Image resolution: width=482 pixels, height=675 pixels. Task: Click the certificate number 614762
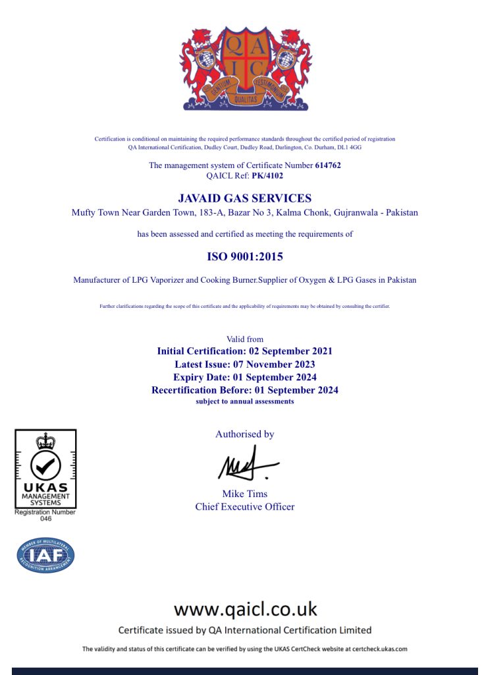(x=327, y=165)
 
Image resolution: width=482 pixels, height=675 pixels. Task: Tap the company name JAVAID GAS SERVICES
(x=245, y=198)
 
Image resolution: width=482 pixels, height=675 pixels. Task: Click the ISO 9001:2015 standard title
(x=245, y=256)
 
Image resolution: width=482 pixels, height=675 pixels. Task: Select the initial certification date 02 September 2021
(x=285, y=351)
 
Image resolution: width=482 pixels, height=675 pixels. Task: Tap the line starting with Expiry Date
(x=245, y=378)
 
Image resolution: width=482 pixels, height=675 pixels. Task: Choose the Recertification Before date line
(x=245, y=390)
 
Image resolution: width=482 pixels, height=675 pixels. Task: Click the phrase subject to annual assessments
(x=245, y=401)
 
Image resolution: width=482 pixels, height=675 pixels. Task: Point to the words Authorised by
(x=245, y=434)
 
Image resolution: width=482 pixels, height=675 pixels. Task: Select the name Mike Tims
(x=245, y=494)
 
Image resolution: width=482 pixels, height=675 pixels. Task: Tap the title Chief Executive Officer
(x=245, y=507)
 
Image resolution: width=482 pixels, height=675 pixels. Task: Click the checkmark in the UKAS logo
(x=45, y=466)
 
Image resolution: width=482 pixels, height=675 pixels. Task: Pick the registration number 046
(x=45, y=519)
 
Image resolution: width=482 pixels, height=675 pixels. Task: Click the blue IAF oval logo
(x=45, y=555)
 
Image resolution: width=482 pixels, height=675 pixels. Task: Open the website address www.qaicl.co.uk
(x=245, y=608)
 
